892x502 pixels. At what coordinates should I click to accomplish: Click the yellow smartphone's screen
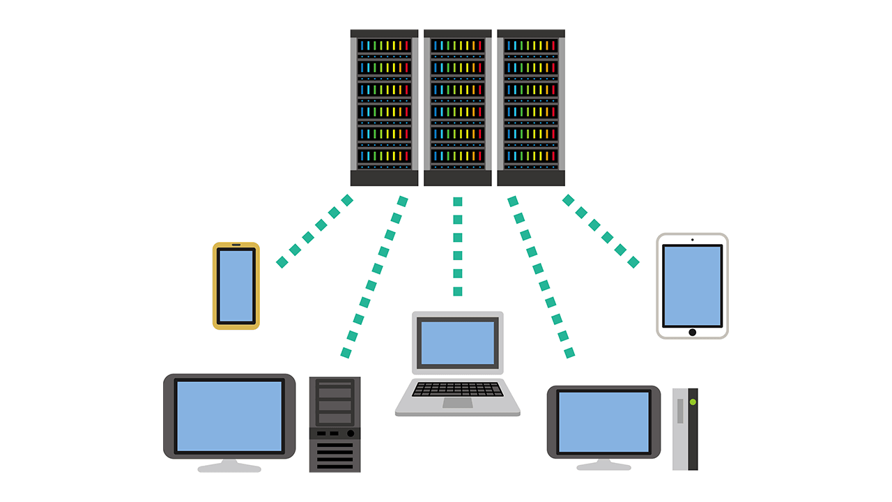click(x=236, y=286)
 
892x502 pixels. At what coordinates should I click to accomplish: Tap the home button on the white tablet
click(x=692, y=332)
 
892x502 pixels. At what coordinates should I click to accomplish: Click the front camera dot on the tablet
click(x=692, y=240)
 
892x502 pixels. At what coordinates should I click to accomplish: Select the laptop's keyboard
click(x=457, y=389)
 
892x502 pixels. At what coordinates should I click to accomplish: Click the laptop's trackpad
click(x=457, y=403)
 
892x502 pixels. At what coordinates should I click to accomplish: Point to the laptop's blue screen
click(x=458, y=342)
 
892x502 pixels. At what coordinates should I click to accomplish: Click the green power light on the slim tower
click(x=693, y=402)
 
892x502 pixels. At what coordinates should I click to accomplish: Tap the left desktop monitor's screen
click(x=229, y=416)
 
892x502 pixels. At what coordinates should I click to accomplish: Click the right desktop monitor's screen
click(x=603, y=422)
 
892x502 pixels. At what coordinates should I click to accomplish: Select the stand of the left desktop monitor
click(x=229, y=466)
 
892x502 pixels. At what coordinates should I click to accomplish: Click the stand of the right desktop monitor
click(x=603, y=464)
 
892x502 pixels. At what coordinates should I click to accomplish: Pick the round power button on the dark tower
click(x=350, y=434)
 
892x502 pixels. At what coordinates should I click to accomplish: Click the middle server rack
click(x=457, y=107)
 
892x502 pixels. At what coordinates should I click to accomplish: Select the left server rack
click(x=384, y=107)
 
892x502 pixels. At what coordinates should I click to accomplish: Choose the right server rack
click(x=531, y=107)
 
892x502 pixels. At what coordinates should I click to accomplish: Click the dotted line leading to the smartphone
click(x=314, y=231)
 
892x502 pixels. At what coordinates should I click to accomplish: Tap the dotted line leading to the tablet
click(x=600, y=231)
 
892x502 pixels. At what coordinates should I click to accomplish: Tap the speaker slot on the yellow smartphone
click(x=236, y=245)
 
